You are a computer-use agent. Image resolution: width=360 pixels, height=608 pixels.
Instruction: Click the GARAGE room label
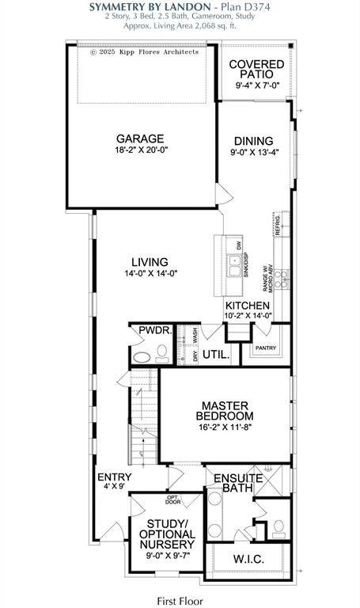pos(141,137)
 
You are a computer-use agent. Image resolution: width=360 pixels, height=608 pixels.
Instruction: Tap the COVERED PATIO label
pos(251,68)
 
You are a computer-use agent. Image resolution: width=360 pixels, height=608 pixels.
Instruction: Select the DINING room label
pos(252,141)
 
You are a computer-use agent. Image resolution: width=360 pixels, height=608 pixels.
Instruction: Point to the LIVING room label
pos(149,262)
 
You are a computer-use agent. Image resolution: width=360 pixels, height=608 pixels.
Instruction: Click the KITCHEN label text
pos(248,306)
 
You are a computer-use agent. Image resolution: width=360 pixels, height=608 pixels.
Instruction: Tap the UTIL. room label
pos(216,356)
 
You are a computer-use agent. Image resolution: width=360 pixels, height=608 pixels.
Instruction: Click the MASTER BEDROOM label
pos(226,409)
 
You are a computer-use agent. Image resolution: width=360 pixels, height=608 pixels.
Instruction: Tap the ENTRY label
pos(114,477)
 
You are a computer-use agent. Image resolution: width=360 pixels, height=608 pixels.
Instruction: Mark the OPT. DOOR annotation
pos(173,500)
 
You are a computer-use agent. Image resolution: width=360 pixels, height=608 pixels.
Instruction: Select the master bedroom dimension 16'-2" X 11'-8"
pos(226,427)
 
